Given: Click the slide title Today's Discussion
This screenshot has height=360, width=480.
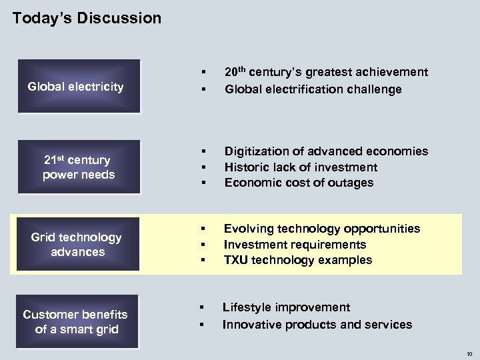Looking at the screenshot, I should [x=87, y=18].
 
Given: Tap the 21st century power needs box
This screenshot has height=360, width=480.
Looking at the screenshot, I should [x=78, y=167].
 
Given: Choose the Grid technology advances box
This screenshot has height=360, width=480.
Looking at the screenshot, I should [x=77, y=245].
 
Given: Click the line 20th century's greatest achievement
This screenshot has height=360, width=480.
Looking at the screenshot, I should [x=326, y=72].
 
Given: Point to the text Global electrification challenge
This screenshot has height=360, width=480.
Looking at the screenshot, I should [x=313, y=89].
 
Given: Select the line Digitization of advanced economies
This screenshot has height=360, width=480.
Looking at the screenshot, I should [x=326, y=151].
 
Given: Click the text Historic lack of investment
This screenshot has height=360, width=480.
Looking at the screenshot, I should [x=301, y=167].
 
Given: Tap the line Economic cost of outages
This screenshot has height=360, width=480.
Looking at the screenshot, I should [x=299, y=183].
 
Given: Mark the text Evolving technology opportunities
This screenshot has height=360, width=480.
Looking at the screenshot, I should [x=322, y=229].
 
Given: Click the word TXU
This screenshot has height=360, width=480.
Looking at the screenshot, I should [x=236, y=260].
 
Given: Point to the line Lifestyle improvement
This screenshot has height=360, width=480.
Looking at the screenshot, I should [x=286, y=307].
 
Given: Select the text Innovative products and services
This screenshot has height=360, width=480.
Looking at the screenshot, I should [x=317, y=325].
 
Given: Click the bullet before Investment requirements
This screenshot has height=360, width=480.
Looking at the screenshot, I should [x=203, y=245].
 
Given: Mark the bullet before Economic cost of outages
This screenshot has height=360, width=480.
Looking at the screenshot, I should [x=203, y=183].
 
